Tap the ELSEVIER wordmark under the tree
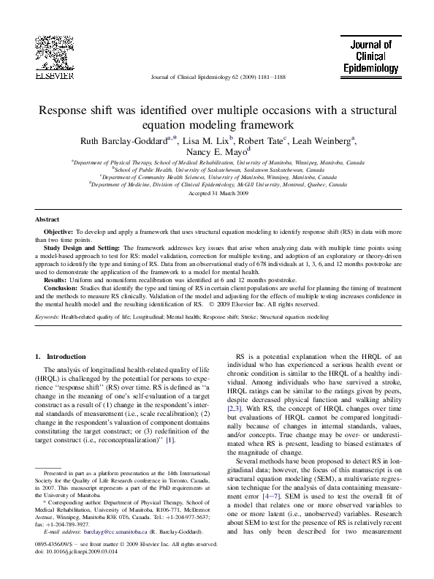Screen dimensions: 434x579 tap(53, 75)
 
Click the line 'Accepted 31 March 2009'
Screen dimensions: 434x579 tap(218, 194)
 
